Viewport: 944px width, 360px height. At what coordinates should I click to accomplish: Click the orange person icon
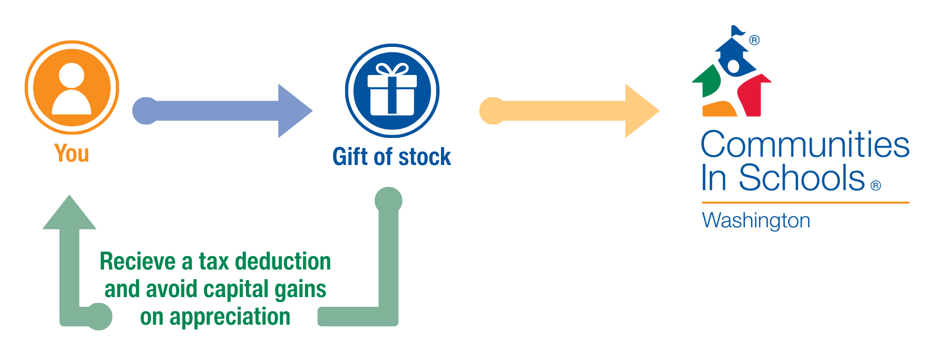click(72, 88)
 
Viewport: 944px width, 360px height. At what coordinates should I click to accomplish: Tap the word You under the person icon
click(72, 153)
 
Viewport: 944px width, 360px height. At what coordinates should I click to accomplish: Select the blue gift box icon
click(392, 91)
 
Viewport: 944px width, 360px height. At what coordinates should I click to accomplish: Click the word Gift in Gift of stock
click(350, 157)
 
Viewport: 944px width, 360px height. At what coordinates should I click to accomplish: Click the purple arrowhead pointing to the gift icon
click(294, 111)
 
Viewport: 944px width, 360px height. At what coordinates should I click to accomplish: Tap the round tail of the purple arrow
click(145, 111)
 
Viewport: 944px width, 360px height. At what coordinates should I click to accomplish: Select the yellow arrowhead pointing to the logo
click(641, 111)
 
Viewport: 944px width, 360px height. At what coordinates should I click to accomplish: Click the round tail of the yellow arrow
click(492, 111)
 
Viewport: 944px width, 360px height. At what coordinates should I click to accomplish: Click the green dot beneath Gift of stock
click(388, 200)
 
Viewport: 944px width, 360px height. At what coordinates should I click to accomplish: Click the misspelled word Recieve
click(137, 261)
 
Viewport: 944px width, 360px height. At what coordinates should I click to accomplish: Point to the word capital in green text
click(235, 289)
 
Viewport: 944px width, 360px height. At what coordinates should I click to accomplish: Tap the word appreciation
click(229, 316)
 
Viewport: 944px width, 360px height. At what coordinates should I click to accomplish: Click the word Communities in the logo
click(805, 145)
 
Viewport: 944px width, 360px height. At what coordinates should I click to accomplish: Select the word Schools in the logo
click(801, 178)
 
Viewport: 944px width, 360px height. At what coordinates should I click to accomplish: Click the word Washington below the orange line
click(756, 221)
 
